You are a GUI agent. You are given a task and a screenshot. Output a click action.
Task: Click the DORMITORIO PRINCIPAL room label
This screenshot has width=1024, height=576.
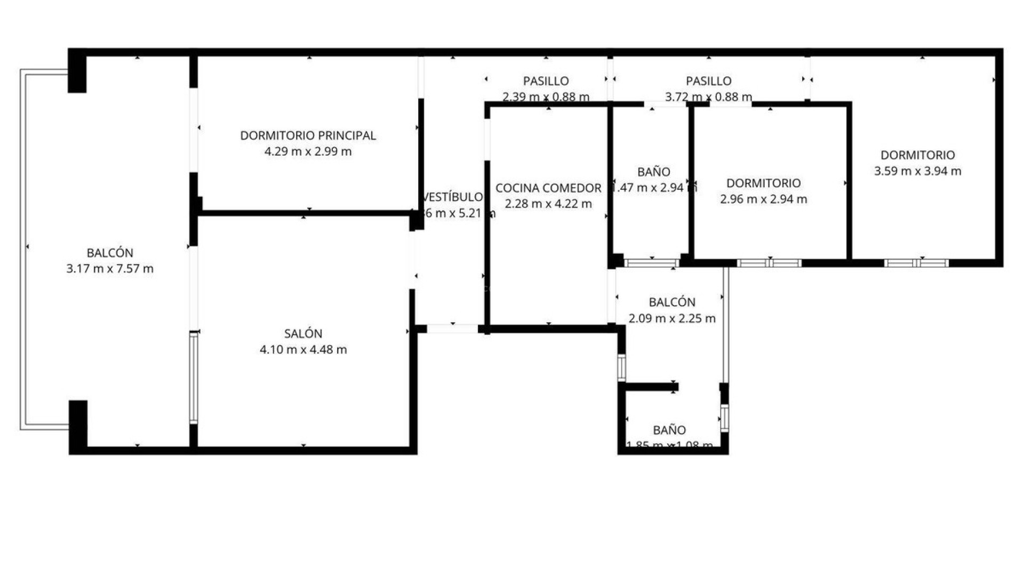308,135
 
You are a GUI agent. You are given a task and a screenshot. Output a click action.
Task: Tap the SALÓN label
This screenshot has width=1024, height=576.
303,334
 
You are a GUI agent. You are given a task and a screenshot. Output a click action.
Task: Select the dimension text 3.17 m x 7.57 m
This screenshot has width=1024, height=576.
110,269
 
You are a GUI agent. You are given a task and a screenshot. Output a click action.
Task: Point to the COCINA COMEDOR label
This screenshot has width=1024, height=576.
548,188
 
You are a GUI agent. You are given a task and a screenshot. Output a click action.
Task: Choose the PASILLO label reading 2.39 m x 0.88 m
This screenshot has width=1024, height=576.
546,81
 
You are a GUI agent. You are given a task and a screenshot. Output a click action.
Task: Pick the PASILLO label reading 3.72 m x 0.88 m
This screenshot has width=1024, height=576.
708,81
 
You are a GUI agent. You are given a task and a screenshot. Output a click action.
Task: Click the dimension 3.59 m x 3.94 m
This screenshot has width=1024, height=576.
917,171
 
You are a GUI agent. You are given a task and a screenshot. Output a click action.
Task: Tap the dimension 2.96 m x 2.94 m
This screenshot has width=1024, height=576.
763,199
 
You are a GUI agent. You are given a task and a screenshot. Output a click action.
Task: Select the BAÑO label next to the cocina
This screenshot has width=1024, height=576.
653,172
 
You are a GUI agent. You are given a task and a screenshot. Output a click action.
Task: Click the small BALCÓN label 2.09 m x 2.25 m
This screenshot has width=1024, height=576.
672,302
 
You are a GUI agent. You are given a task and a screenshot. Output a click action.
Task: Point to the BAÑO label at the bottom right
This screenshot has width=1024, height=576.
669,430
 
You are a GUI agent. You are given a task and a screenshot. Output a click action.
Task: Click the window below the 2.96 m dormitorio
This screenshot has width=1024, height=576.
769,263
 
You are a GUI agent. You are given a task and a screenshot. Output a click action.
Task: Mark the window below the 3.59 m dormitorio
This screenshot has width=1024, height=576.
916,263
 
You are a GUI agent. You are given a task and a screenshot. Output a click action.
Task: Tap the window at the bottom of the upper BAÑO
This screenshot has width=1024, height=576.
651,263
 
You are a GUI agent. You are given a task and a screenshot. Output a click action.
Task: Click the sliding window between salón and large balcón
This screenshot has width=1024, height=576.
194,378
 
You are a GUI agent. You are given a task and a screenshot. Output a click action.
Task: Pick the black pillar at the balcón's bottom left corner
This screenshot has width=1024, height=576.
78,423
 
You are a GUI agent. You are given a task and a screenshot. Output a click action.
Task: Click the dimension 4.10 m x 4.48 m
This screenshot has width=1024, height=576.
303,350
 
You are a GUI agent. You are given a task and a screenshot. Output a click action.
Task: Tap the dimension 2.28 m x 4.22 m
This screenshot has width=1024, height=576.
548,204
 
